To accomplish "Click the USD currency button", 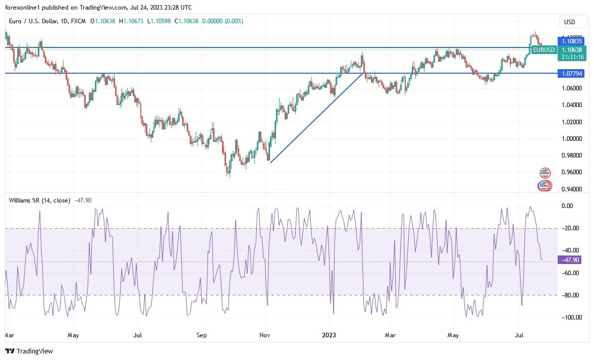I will click(x=573, y=22).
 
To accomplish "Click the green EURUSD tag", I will click(x=544, y=49).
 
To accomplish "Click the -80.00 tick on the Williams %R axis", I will click(x=570, y=295).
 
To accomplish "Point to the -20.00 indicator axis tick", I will click(x=570, y=228).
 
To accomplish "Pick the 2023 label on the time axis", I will click(x=330, y=334).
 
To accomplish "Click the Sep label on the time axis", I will click(x=201, y=334).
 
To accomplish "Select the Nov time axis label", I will click(x=264, y=334).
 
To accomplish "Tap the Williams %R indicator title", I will click(x=39, y=200).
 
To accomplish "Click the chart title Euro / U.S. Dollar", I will click(x=39, y=21).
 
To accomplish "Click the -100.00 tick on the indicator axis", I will click(x=569, y=318).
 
